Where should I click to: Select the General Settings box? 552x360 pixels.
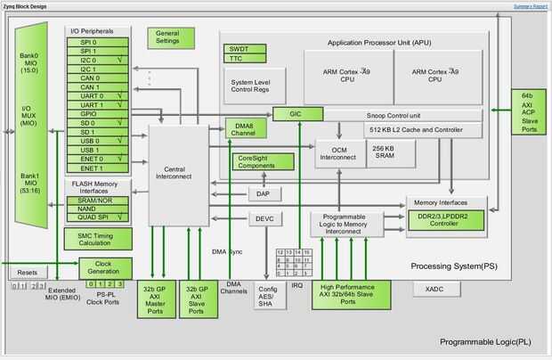[x=167, y=37]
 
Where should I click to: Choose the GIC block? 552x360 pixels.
[x=291, y=114]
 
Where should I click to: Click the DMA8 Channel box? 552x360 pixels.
[x=239, y=128]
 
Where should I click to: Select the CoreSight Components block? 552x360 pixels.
[x=263, y=161]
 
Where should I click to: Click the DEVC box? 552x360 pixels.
[x=264, y=218]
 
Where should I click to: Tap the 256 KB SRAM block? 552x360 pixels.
[x=383, y=154]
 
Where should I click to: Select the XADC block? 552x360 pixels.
[x=434, y=290]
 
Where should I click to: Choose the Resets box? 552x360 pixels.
[x=28, y=272]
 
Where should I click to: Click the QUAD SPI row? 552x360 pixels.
[x=98, y=217]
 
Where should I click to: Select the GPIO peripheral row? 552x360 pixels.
[x=98, y=114]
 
